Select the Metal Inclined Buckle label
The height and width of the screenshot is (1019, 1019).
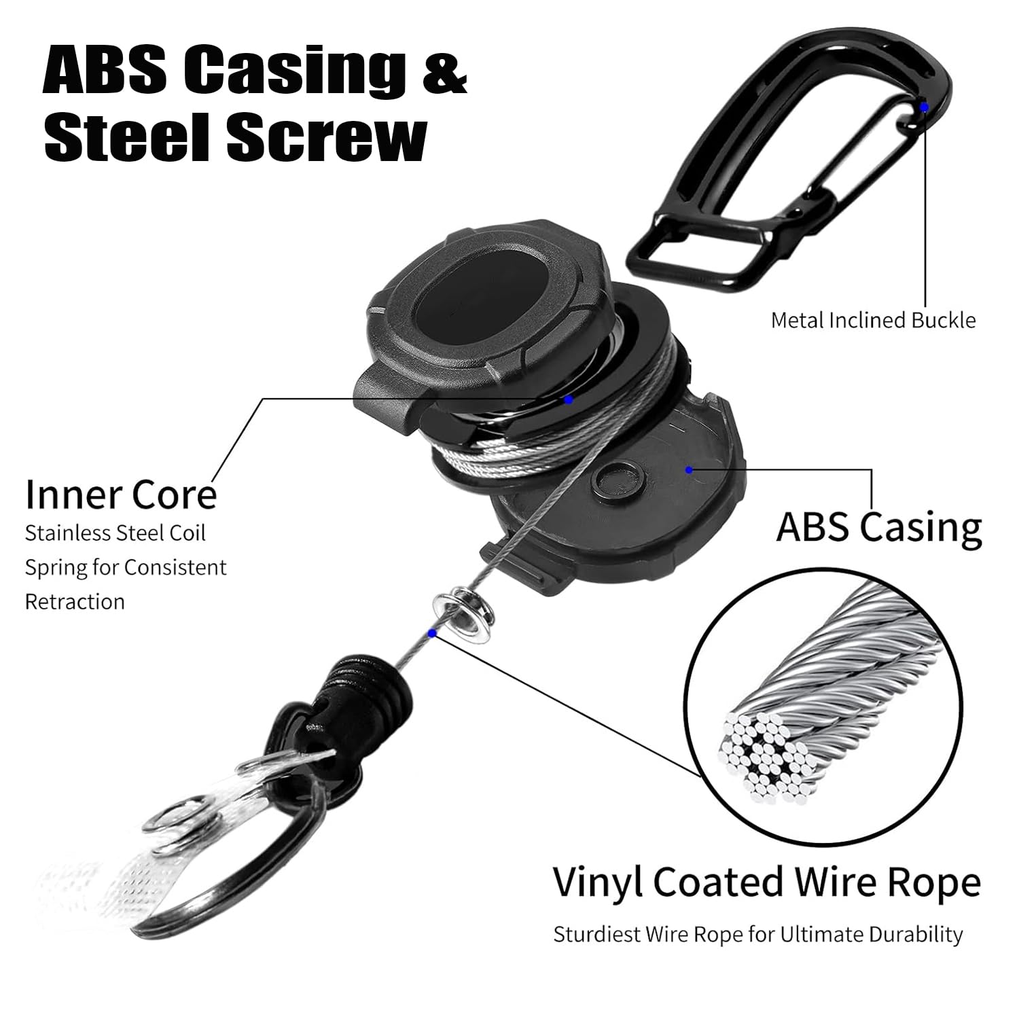click(873, 320)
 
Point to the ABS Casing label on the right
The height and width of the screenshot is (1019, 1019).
click(879, 527)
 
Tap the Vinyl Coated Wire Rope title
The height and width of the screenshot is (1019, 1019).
click(767, 882)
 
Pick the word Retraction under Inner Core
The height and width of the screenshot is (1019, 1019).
click(75, 601)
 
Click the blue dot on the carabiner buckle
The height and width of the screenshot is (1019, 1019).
click(924, 107)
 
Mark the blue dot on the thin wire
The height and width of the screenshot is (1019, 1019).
click(432, 633)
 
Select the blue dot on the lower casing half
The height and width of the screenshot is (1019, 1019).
click(689, 469)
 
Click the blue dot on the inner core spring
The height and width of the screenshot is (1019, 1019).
click(569, 400)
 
